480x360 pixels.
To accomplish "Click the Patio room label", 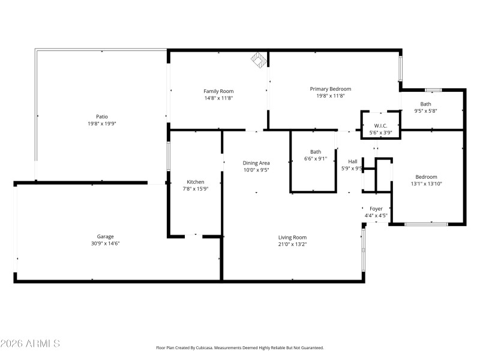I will coord(102,116).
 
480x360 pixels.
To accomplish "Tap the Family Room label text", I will coord(218,91).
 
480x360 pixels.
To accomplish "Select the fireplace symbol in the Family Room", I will coord(258,59).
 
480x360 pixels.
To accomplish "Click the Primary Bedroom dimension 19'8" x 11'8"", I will coord(331,96).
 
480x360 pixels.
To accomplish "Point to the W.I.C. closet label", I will coord(380,125).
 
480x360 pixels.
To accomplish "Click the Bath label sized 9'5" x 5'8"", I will coord(425,104).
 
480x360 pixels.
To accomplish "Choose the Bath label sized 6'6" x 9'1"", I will coord(316,152).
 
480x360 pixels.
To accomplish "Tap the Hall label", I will coord(353,161).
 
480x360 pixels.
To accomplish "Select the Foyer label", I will coord(376,208).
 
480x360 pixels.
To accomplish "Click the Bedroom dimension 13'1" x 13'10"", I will coord(427,184).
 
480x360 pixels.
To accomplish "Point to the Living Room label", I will coord(292,237).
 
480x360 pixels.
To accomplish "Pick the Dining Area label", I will coord(256,163).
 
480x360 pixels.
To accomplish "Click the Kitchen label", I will coord(196,182).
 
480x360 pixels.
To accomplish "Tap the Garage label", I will coord(106,236).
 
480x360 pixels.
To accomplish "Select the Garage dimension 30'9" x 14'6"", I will coord(106,244).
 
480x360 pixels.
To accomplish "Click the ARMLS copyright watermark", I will coord(30,344).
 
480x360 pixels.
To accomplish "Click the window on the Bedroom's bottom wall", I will coord(426,224).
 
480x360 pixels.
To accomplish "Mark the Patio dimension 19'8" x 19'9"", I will coord(102,124).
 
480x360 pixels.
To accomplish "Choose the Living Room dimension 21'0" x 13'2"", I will coord(292,244).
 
